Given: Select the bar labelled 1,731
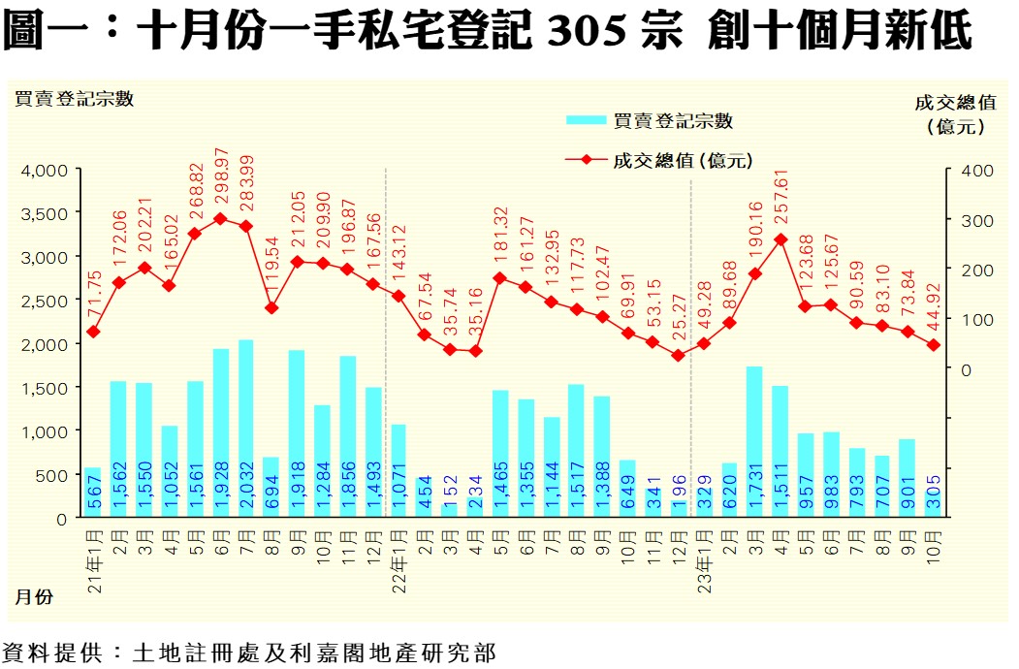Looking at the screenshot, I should point(753,442).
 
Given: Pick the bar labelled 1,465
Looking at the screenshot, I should point(500,454).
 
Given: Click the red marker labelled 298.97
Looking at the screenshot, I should point(220,219).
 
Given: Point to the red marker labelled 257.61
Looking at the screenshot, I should point(780,239).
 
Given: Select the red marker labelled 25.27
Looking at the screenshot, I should point(678,356).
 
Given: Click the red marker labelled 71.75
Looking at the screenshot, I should point(93,332).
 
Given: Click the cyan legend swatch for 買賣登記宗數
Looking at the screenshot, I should point(586,121).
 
